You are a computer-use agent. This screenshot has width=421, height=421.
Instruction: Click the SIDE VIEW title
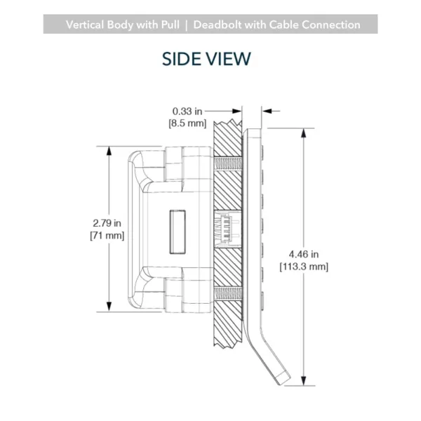point(206,59)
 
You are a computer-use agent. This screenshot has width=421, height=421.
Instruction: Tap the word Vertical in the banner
point(85,25)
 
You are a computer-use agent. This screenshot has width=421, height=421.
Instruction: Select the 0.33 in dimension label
point(187,111)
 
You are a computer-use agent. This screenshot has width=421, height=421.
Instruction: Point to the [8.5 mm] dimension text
point(187,123)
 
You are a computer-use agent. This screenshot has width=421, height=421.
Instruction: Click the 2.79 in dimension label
point(107,223)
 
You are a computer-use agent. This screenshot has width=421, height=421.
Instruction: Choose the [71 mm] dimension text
point(107,236)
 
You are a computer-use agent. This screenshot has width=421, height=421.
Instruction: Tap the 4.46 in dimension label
point(304,254)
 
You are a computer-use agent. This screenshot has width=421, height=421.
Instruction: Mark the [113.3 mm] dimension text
point(304,267)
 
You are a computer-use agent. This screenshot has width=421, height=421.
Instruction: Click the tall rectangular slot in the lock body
point(178,232)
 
